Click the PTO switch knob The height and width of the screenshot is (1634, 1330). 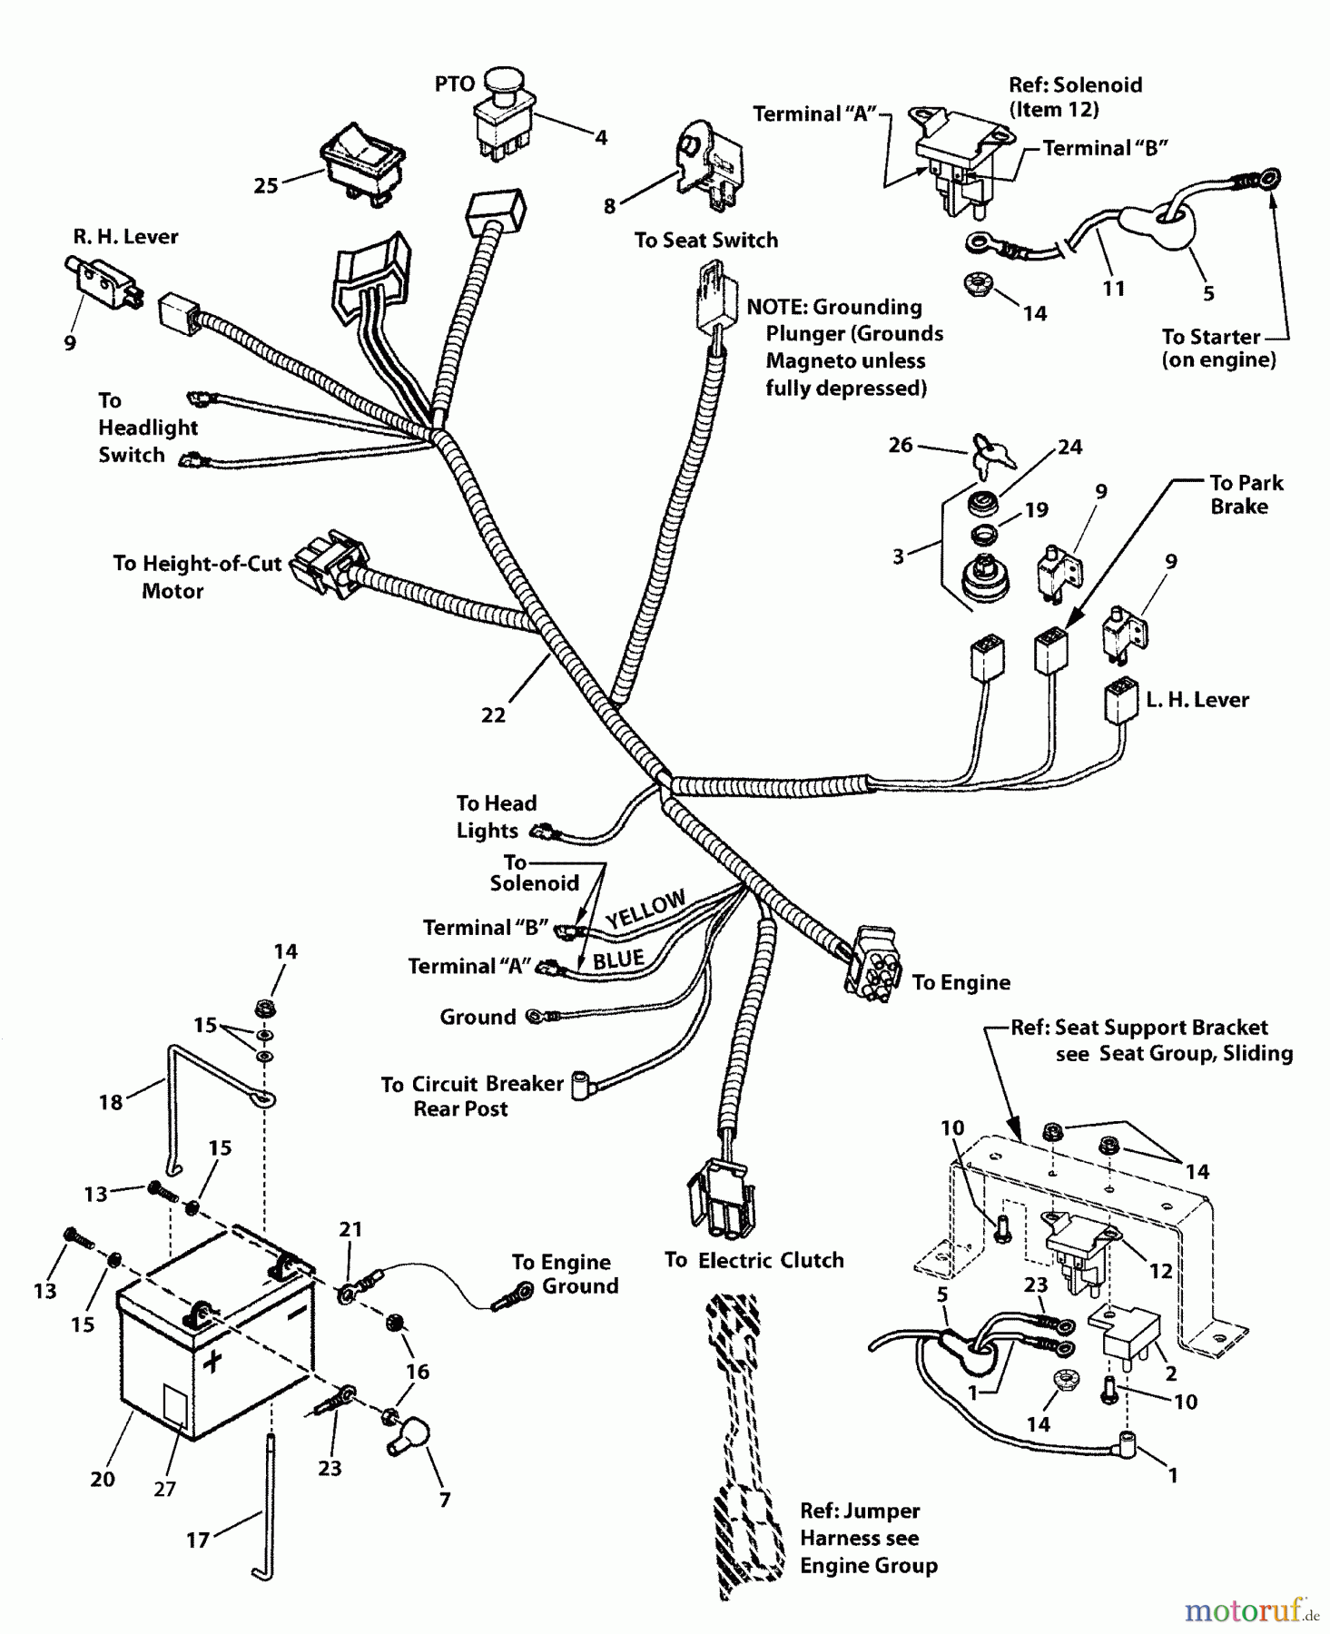click(498, 82)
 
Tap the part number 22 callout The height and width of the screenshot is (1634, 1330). click(493, 715)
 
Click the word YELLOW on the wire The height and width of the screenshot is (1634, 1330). click(645, 909)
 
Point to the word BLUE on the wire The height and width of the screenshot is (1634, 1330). click(618, 960)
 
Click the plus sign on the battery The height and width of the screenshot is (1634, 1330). click(212, 1361)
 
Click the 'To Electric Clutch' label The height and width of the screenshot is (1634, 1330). click(754, 1260)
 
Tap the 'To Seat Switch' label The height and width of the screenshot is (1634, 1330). click(705, 241)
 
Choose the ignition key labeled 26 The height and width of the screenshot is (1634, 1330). click(987, 452)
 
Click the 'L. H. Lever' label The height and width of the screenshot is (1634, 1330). click(1197, 700)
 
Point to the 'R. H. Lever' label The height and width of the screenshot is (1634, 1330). click(125, 237)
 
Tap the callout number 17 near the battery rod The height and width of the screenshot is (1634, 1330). click(198, 1540)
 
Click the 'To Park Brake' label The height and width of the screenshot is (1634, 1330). click(1245, 495)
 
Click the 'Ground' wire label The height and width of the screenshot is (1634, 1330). click(478, 1017)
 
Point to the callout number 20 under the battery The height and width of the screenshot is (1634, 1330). click(103, 1479)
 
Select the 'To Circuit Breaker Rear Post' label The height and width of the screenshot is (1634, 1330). click(471, 1096)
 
